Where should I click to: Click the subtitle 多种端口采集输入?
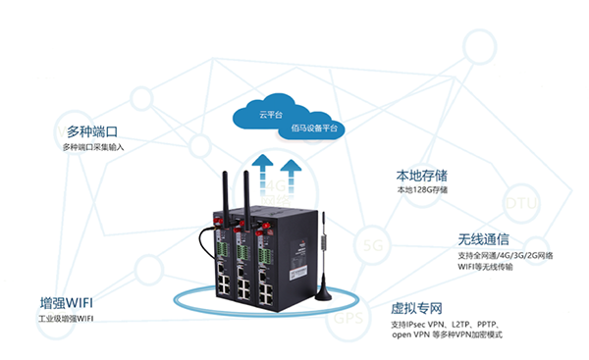(x=94, y=147)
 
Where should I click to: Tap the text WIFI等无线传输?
(x=488, y=268)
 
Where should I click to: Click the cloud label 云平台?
(x=271, y=115)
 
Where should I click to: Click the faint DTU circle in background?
(x=518, y=204)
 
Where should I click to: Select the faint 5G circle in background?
(x=372, y=243)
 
